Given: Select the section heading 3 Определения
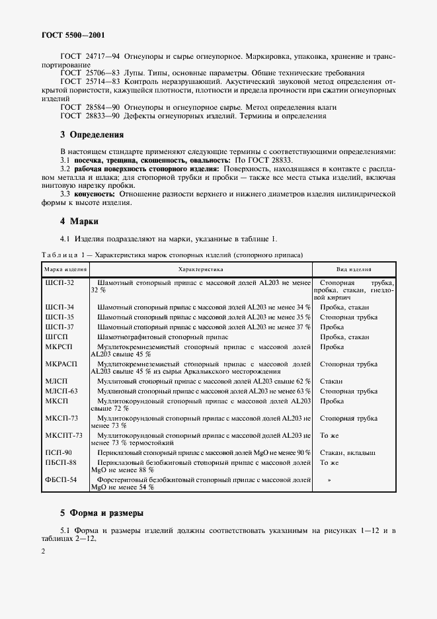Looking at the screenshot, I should pyautogui.click(x=92, y=135).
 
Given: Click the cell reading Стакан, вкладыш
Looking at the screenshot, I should pyautogui.click(x=348, y=452).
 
